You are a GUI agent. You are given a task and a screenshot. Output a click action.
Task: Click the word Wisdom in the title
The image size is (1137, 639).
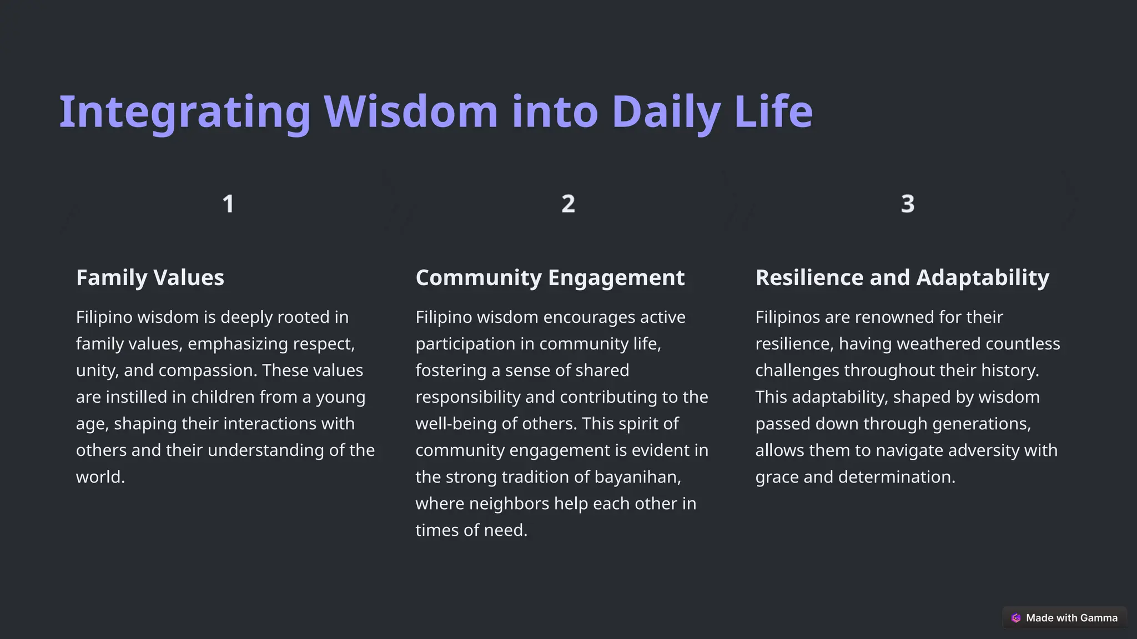point(411,112)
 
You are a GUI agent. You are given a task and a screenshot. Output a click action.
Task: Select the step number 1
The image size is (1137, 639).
point(228,204)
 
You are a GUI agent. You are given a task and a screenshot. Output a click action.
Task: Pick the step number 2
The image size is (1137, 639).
point(568,204)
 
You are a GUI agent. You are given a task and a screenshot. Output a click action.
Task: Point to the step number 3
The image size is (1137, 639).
point(908,204)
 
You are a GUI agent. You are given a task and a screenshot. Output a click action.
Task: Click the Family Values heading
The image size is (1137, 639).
point(150,278)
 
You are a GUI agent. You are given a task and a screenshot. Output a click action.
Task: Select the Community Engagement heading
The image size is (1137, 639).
point(550,278)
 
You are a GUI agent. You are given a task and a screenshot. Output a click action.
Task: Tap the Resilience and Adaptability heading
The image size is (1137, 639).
point(902,278)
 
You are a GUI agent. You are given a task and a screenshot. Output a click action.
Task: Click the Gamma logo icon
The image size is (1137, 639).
point(1016,618)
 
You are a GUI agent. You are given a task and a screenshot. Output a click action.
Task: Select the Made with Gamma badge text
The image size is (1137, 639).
point(1071,618)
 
